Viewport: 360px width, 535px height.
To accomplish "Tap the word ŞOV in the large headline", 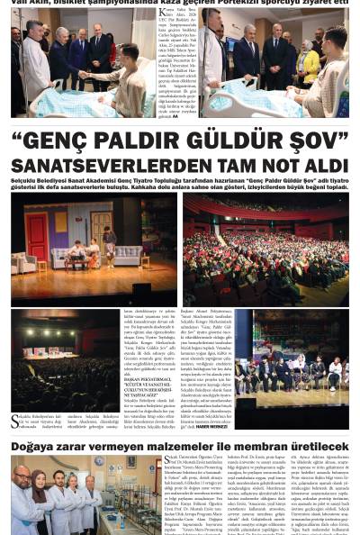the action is click(307, 142).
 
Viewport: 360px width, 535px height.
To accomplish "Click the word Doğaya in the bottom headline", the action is click(35, 446).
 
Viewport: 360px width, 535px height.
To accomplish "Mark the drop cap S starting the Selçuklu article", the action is click(15, 421).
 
